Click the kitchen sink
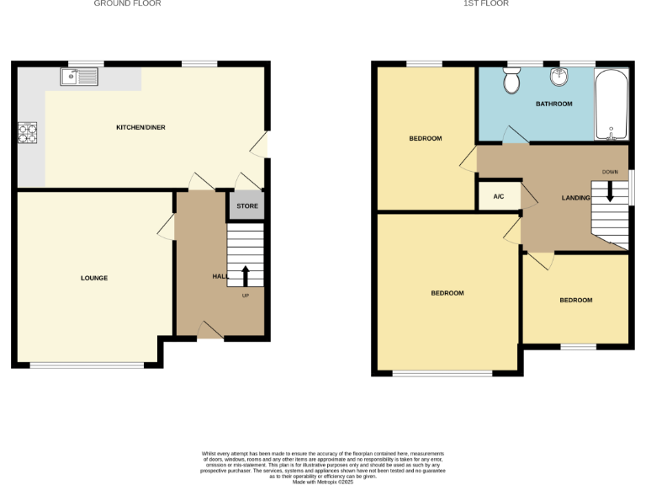point(79,78)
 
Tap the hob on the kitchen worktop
point(28,133)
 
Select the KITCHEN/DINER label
point(140,127)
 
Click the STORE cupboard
point(246,206)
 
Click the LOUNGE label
point(94,278)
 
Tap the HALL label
point(219,276)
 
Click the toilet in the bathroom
point(511,82)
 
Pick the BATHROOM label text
point(553,104)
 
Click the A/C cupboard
point(498,197)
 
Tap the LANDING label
point(576,198)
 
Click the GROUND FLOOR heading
point(127,4)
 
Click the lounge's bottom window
point(87,365)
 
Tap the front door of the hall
point(210,331)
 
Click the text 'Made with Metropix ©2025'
point(323,482)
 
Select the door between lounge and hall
point(167,227)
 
